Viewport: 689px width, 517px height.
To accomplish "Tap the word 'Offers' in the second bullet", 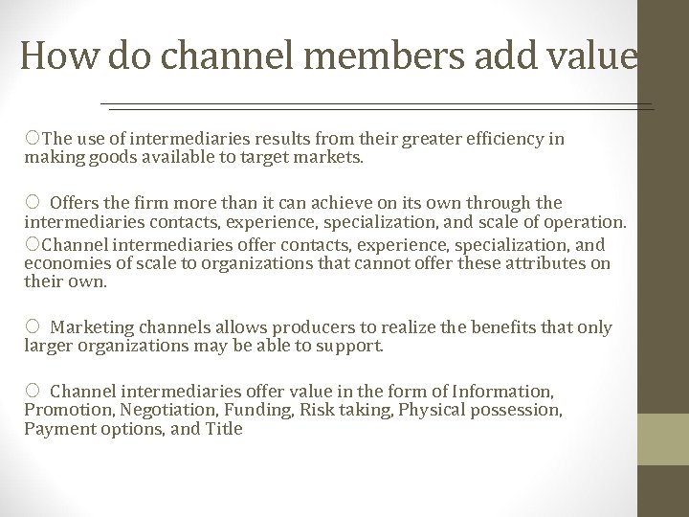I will (x=74, y=203).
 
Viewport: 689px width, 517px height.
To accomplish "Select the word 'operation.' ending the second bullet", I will (x=589, y=222).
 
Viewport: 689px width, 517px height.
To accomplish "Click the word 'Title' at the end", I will (x=224, y=429).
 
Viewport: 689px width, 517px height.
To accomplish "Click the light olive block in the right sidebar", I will (x=663, y=438).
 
